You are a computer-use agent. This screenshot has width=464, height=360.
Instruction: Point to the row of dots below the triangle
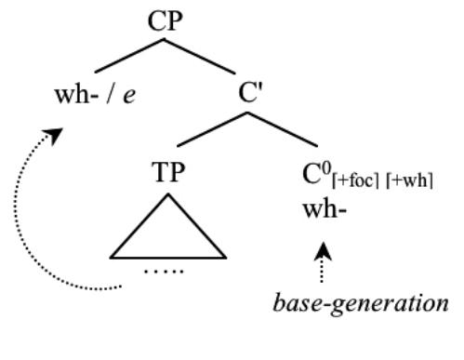click(x=168, y=272)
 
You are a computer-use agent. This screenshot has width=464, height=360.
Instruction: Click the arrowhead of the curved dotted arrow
click(x=56, y=136)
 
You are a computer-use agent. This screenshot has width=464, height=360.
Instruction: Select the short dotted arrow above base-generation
click(x=322, y=263)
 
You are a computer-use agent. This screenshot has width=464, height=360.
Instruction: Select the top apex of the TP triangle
click(x=168, y=197)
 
